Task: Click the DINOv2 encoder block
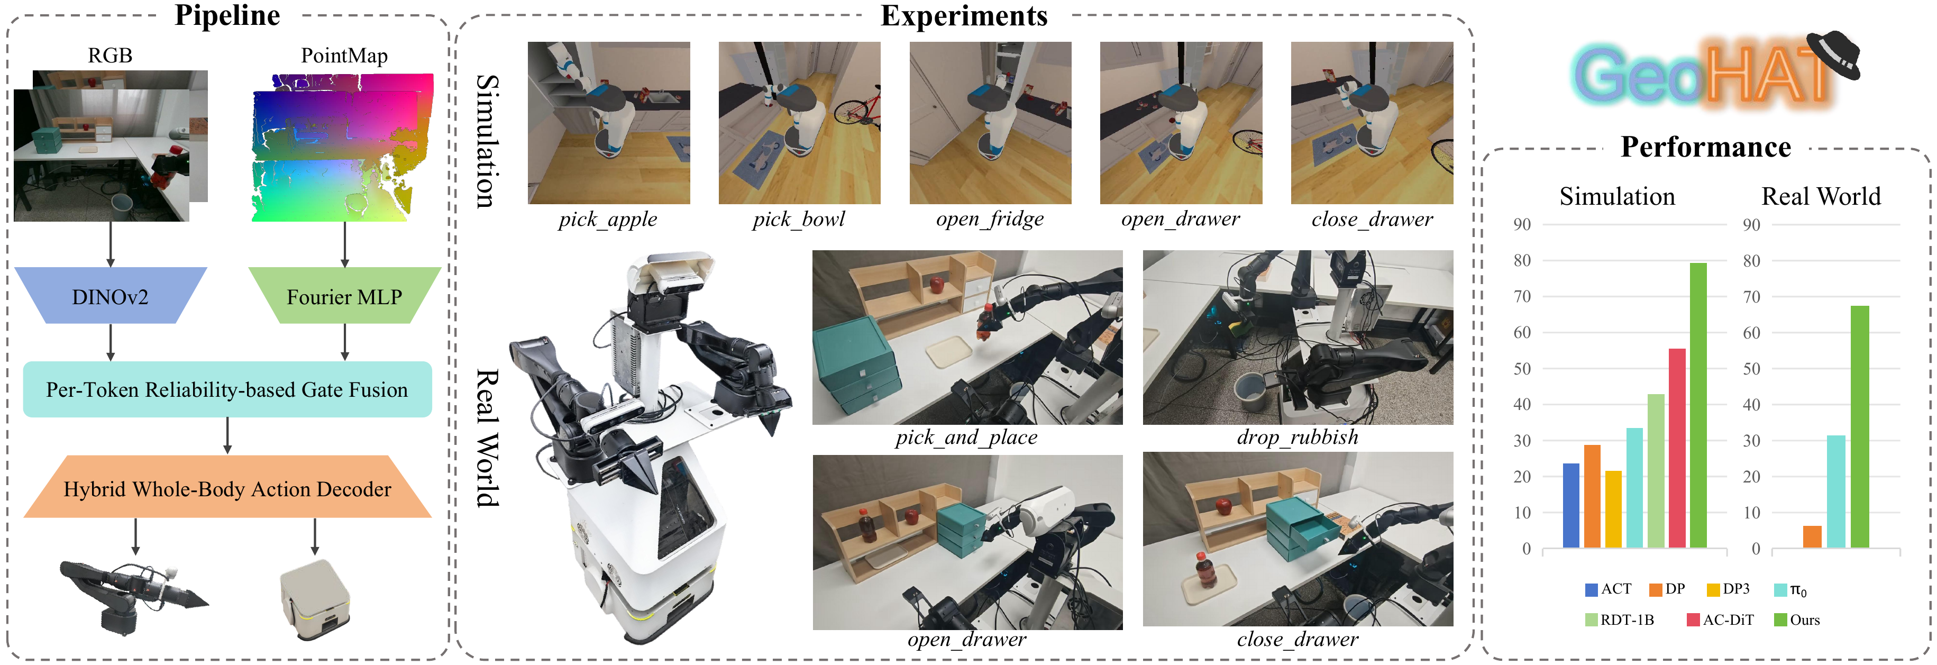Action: pyautogui.click(x=111, y=296)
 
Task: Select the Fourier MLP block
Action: pyautogui.click(x=344, y=296)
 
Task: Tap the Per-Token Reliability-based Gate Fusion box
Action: pyautogui.click(x=227, y=390)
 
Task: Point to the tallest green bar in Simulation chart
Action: pyautogui.click(x=1698, y=405)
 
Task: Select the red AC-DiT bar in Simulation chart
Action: pyautogui.click(x=1677, y=448)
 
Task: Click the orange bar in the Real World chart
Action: pyautogui.click(x=1812, y=536)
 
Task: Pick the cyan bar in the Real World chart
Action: pyautogui.click(x=1837, y=491)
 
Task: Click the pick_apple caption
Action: pyautogui.click(x=608, y=219)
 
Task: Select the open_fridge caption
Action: pyautogui.click(x=990, y=219)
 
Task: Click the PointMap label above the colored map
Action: pyautogui.click(x=344, y=56)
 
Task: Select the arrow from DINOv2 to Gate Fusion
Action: pyautogui.click(x=111, y=343)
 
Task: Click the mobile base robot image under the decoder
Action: pyautogui.click(x=315, y=599)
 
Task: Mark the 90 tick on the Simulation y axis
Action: pyautogui.click(x=1522, y=224)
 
